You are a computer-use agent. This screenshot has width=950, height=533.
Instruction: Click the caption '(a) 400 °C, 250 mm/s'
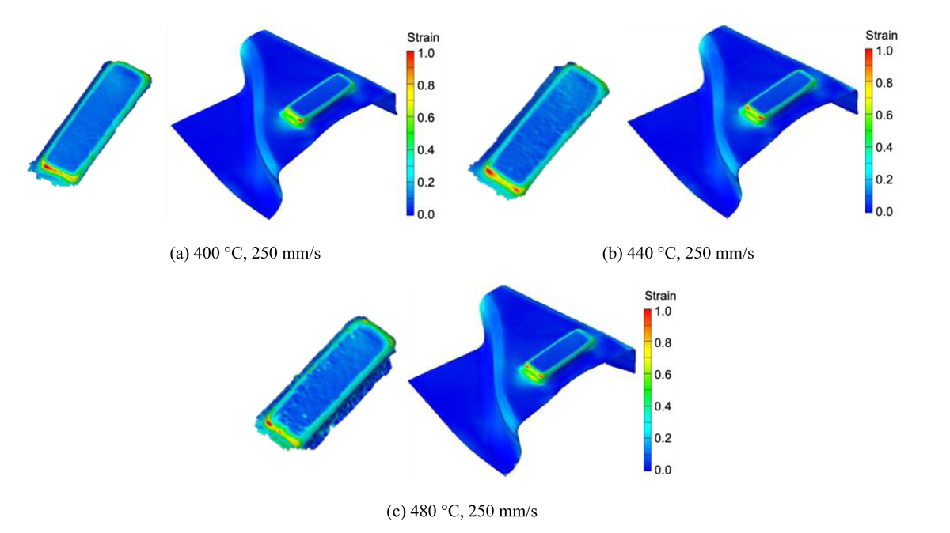click(245, 253)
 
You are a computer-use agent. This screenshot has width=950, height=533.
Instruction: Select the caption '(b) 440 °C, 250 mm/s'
click(678, 253)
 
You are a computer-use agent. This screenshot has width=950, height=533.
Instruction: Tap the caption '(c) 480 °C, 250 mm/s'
click(462, 512)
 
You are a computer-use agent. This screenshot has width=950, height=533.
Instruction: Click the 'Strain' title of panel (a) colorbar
click(423, 38)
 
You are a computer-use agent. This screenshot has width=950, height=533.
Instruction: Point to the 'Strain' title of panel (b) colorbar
click(881, 35)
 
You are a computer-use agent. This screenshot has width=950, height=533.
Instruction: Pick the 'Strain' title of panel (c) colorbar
click(660, 295)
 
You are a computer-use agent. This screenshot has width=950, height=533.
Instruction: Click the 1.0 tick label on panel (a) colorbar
click(426, 54)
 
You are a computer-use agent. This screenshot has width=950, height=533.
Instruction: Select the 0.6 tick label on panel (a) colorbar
click(426, 118)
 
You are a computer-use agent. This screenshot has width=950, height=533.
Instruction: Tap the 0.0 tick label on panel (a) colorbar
click(426, 214)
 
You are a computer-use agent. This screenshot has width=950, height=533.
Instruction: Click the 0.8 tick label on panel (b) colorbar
click(884, 83)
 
